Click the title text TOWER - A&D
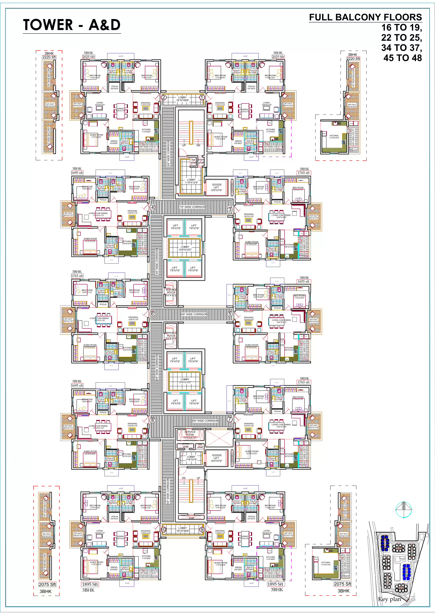point(72,25)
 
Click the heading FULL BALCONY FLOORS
point(365,17)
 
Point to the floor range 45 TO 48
point(402,58)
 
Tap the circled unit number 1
point(202,98)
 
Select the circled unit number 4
point(152,208)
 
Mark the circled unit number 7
point(230,419)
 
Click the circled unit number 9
point(202,529)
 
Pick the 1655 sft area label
point(303,281)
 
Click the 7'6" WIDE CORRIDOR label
point(193,207)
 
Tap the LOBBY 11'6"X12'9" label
point(191,181)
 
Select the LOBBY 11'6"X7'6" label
point(191,458)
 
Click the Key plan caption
point(389,599)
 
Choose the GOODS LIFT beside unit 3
point(216,187)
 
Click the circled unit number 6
point(152,314)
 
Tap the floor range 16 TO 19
point(401,28)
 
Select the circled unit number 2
point(164,98)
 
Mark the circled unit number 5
point(230,314)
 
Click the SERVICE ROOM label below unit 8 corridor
point(190,433)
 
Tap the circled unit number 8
point(152,420)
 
